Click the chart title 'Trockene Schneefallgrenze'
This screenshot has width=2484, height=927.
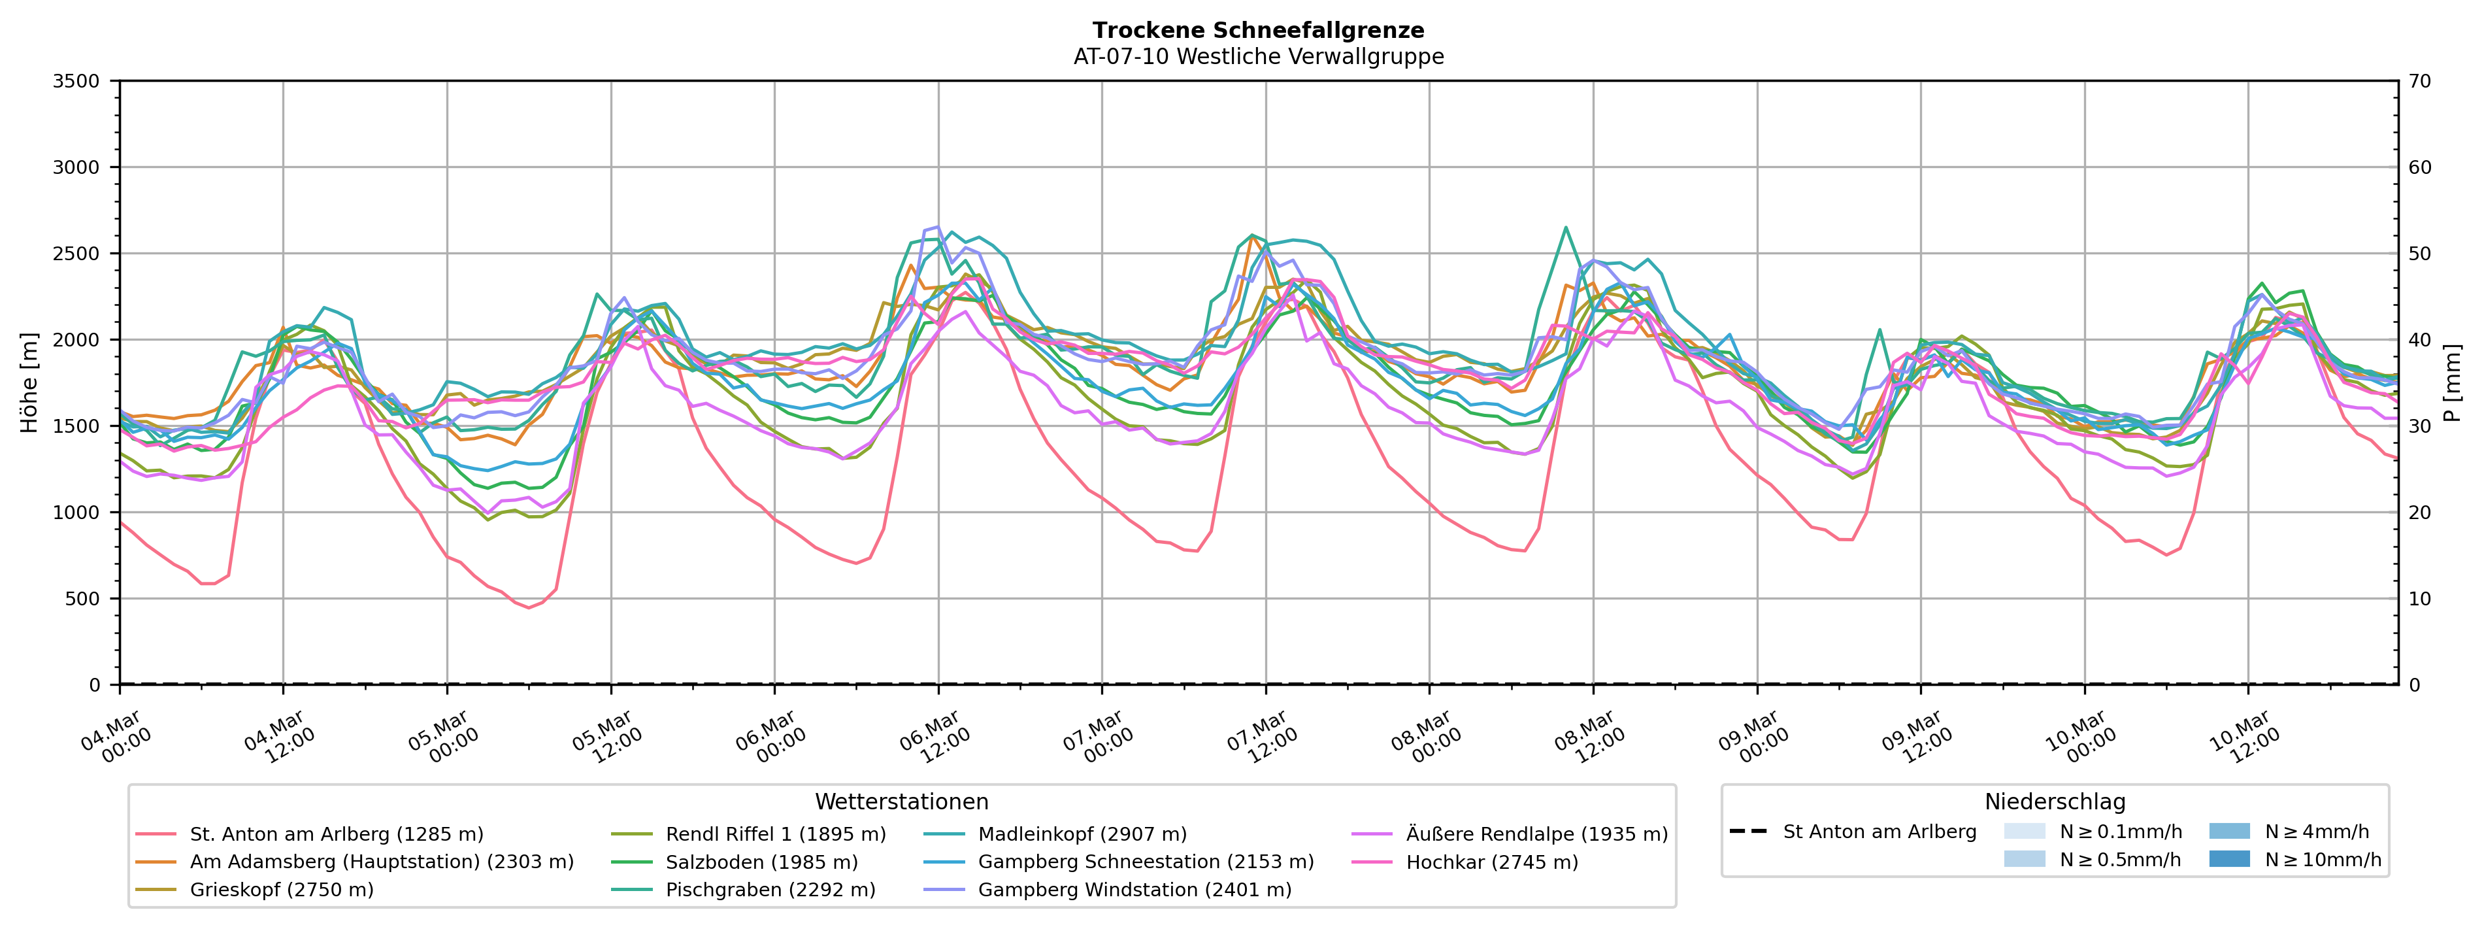1259,31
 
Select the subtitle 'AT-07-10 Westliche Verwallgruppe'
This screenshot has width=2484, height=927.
1259,57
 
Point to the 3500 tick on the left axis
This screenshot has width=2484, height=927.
76,82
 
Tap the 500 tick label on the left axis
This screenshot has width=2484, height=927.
83,599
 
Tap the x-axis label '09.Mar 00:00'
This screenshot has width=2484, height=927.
1753,738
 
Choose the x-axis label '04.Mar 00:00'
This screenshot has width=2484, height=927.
116,738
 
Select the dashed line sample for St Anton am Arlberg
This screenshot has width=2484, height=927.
1748,832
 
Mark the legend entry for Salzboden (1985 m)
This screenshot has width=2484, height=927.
761,862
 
